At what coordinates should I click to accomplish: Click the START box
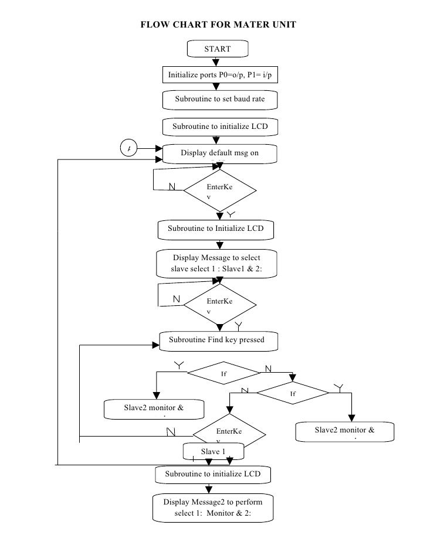click(218, 49)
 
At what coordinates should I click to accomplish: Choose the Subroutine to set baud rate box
click(219, 100)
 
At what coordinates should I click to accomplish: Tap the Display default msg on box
click(219, 153)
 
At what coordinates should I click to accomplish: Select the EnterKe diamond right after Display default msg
click(220, 191)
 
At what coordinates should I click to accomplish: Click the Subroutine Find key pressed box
click(216, 339)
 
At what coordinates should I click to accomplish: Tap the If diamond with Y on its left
click(223, 373)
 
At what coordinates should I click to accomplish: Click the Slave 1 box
click(213, 451)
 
